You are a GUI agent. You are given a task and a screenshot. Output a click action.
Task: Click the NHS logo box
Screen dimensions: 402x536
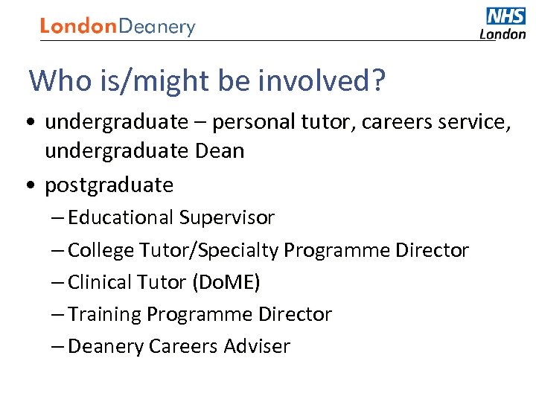point(506,16)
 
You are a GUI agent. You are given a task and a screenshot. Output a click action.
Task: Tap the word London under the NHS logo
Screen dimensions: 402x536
point(502,33)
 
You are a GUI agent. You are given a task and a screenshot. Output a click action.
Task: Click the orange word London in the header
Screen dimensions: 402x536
point(79,27)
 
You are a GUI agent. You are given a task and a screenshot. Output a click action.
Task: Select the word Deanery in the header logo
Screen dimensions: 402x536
point(157,28)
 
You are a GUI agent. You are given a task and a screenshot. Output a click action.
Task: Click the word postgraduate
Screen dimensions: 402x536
point(109,185)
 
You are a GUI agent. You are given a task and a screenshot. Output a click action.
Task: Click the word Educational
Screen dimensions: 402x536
point(121,217)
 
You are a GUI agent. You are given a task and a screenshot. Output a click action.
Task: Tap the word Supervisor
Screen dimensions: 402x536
point(226,217)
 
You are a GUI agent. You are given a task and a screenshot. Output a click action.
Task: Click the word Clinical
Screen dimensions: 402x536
point(100,282)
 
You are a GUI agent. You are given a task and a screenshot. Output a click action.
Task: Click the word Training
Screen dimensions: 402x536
point(104,314)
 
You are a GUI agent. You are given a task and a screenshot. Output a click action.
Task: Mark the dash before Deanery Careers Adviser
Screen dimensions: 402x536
point(58,346)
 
